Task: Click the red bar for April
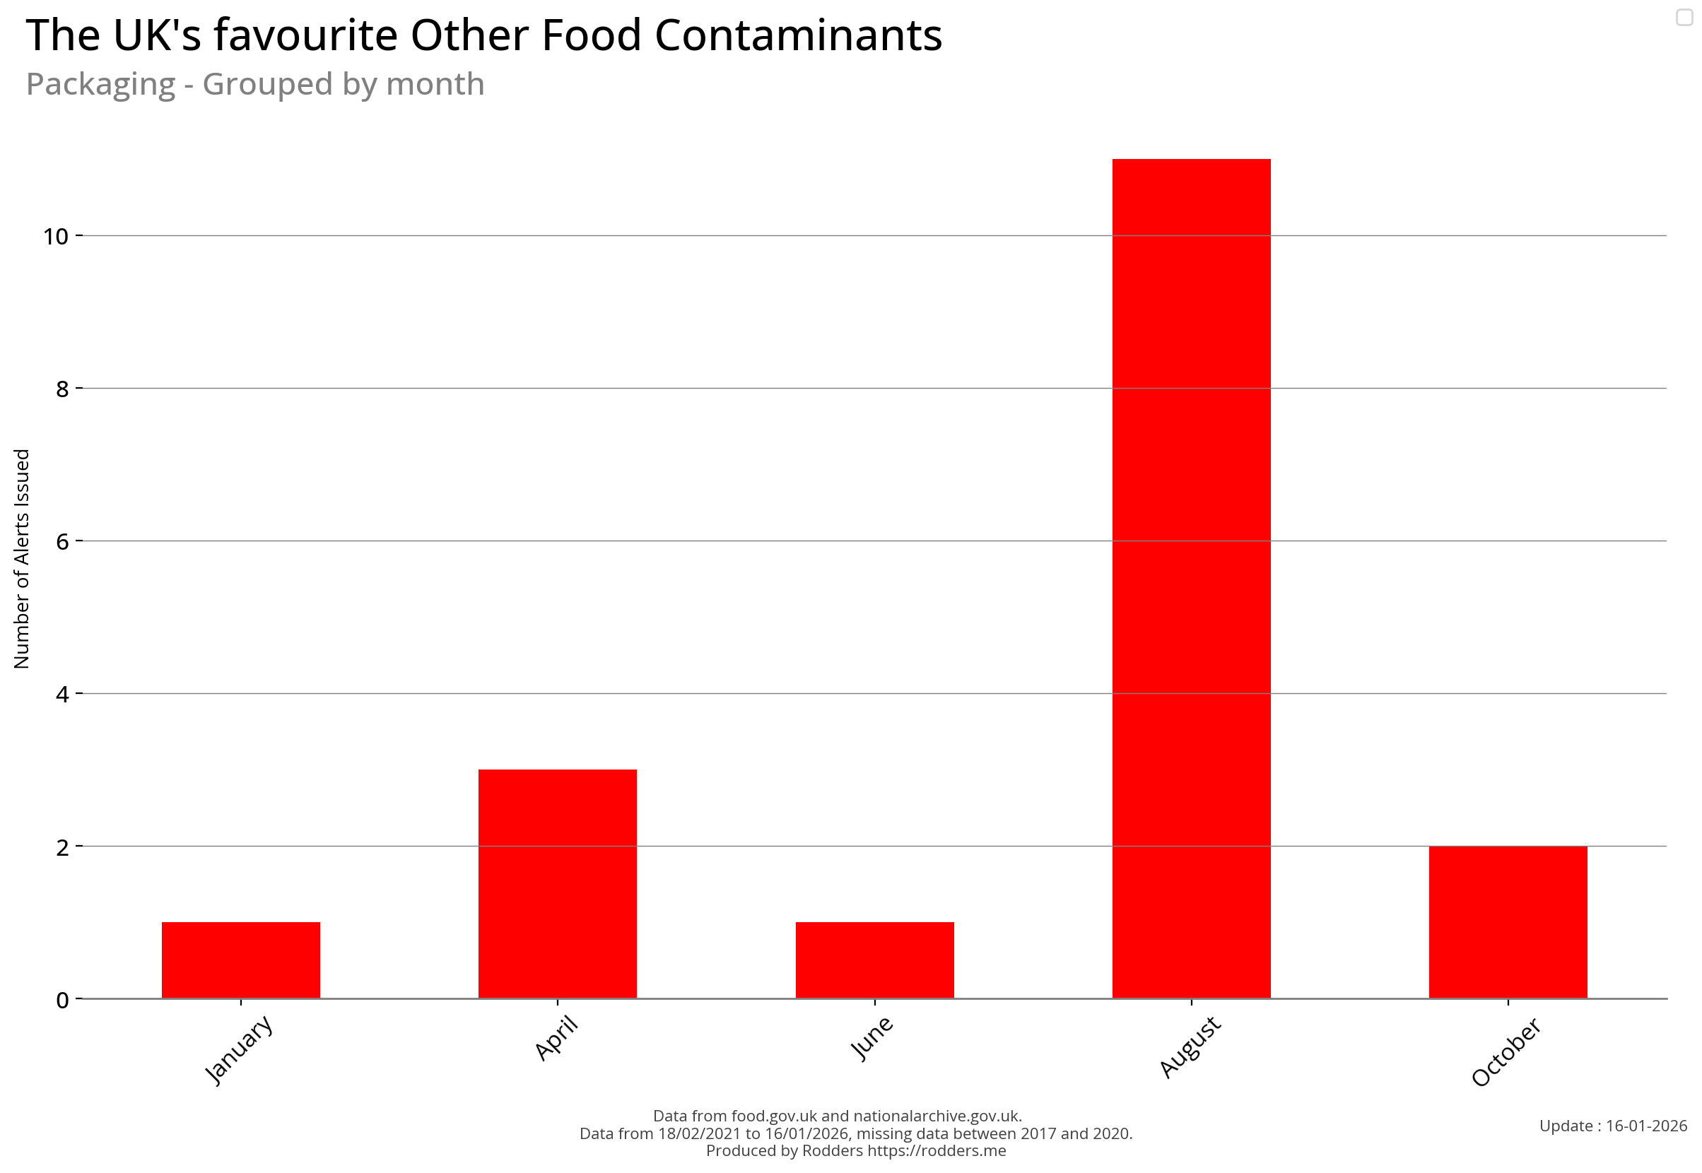coord(557,883)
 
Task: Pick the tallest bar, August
coord(1191,578)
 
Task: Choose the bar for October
coord(1508,921)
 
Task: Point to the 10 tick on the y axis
coord(55,236)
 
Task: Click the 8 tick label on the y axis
coord(62,388)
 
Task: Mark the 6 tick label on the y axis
coord(62,541)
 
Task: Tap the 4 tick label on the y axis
coord(62,693)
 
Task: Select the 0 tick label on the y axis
coord(62,1000)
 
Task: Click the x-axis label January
coord(238,1049)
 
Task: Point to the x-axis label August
coord(1190,1047)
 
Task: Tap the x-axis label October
coord(1506,1051)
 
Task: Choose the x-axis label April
coord(556,1038)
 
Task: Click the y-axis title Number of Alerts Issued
coord(22,558)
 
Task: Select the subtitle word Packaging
coord(101,84)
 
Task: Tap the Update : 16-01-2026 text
coord(1613,1126)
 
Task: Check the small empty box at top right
coord(1684,17)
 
